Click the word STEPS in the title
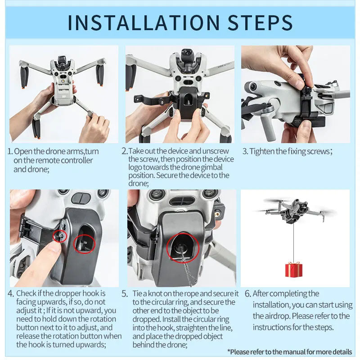[256, 22]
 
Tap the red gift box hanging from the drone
[293, 270]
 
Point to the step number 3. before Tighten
[245, 152]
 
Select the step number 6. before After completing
[247, 293]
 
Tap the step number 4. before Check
[11, 293]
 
